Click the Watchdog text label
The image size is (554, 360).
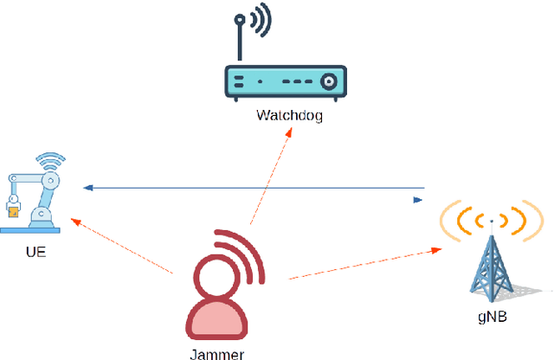[x=289, y=115]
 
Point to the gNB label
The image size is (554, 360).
[x=491, y=317]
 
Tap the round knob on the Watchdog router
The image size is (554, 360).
[x=328, y=81]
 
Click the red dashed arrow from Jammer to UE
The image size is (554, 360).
[x=121, y=247]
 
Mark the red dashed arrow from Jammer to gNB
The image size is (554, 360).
[x=364, y=264]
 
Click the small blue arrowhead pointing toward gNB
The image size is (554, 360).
[x=418, y=200]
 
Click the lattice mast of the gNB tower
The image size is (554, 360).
[x=491, y=264]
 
